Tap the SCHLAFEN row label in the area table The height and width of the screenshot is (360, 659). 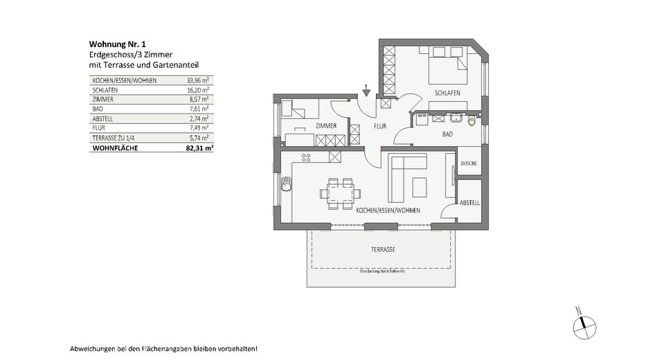tap(104, 90)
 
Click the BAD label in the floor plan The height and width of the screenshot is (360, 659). tap(447, 134)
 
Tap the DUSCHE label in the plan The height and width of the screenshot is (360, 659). tap(469, 163)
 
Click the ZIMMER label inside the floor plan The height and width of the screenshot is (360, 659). tap(325, 126)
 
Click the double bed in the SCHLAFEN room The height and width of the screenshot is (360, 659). tap(449, 71)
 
